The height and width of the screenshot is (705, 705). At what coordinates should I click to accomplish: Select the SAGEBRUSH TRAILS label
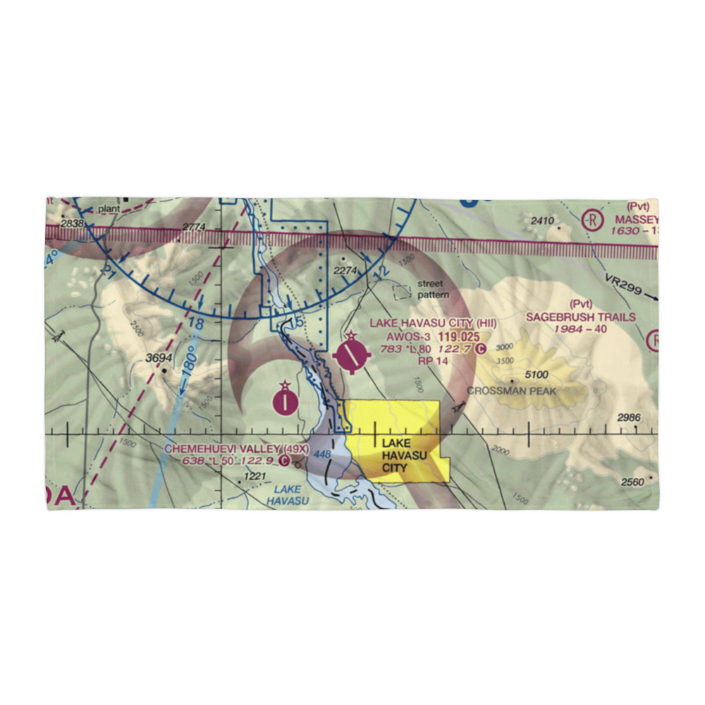click(x=581, y=317)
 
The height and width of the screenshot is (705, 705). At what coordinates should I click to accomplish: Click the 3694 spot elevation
click(x=159, y=358)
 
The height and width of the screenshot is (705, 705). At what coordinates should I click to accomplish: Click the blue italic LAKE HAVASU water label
click(x=288, y=495)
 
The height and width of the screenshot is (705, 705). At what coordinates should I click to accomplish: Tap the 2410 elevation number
click(x=542, y=221)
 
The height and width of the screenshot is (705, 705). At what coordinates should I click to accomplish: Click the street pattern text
click(x=430, y=289)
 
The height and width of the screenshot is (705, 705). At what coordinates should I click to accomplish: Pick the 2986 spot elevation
click(x=629, y=418)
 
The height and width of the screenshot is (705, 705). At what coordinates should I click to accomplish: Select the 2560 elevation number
click(x=632, y=482)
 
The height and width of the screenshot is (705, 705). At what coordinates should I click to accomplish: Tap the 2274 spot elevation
click(x=345, y=270)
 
